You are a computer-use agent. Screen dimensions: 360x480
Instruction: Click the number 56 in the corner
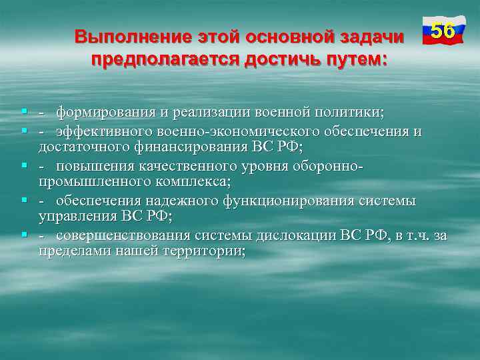click(443, 31)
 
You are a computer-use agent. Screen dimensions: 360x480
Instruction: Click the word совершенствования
click(123, 235)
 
